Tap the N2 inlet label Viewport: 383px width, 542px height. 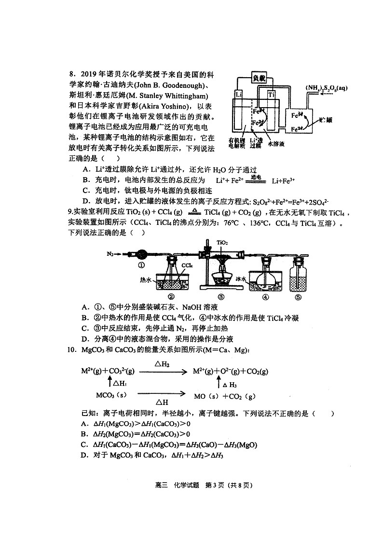[110, 252]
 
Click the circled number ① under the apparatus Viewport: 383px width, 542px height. [141, 265]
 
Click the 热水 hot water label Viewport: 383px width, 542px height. [146, 279]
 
